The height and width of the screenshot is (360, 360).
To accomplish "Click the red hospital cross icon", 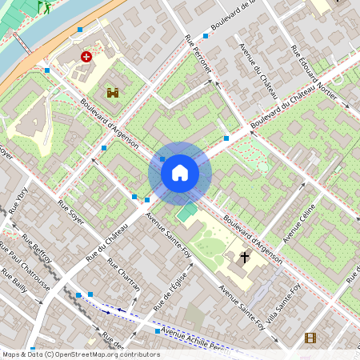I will pyautogui.click(x=86, y=58).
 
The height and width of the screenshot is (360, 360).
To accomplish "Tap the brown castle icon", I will pyautogui.click(x=112, y=93).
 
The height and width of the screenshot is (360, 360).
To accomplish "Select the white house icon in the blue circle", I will pyautogui.click(x=180, y=173).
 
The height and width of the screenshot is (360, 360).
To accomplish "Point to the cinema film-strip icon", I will pyautogui.click(x=310, y=338).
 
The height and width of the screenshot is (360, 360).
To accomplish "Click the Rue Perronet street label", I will pyautogui.click(x=198, y=55).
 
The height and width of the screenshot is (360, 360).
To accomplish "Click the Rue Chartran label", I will pyautogui.click(x=129, y=278).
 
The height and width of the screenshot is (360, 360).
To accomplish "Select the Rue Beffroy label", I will pyautogui.click(x=37, y=250).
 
